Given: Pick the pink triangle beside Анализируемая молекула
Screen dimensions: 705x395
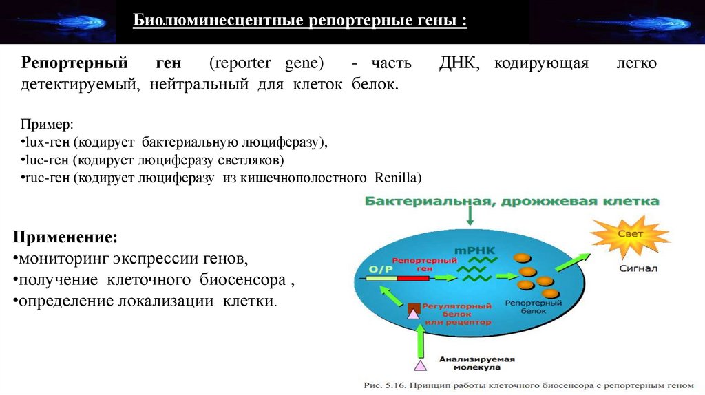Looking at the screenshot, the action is tap(419, 365).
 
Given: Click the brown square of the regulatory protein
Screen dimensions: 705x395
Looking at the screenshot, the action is tap(414, 308).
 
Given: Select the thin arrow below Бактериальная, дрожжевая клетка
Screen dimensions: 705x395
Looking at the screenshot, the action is tap(470, 216).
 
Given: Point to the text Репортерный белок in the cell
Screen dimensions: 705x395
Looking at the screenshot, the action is tap(527, 306).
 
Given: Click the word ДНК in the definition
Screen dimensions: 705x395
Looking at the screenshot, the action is tap(454, 64).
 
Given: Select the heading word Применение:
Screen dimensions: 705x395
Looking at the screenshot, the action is tap(65, 238).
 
